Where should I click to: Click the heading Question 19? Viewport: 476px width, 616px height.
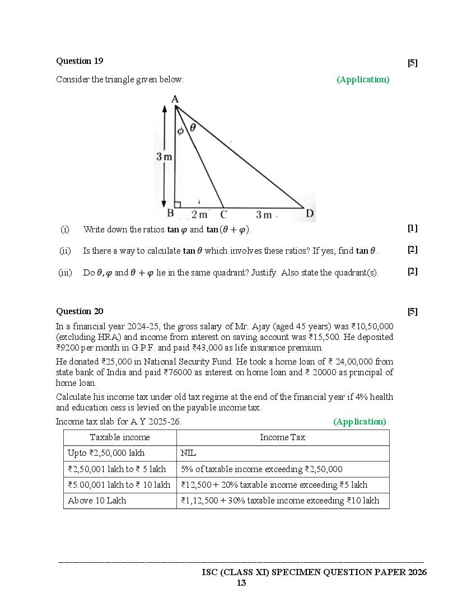click(x=80, y=61)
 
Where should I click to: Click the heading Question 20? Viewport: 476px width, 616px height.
click(x=80, y=311)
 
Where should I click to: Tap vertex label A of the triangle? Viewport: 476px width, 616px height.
click(x=175, y=99)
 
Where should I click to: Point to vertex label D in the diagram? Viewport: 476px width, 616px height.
click(x=310, y=213)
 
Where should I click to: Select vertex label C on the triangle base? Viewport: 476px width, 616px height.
click(x=223, y=214)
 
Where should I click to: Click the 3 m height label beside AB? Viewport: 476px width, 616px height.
click(x=164, y=157)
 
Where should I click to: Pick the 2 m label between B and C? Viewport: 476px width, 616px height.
click(x=199, y=214)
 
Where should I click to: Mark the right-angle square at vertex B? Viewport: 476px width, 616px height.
click(x=178, y=204)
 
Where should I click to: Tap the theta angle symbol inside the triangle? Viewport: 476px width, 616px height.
click(x=193, y=128)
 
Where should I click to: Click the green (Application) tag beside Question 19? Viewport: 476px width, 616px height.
click(x=363, y=80)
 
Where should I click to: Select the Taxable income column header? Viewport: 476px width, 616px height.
click(x=120, y=437)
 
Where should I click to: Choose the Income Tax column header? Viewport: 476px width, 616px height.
click(x=282, y=437)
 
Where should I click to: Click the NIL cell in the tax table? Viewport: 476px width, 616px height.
click(x=188, y=453)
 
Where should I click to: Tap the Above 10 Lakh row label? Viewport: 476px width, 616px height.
click(x=97, y=501)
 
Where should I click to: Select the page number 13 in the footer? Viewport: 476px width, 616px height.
click(x=241, y=583)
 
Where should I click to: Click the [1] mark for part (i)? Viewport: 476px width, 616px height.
click(x=413, y=228)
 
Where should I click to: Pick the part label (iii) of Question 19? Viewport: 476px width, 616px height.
click(x=65, y=273)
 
